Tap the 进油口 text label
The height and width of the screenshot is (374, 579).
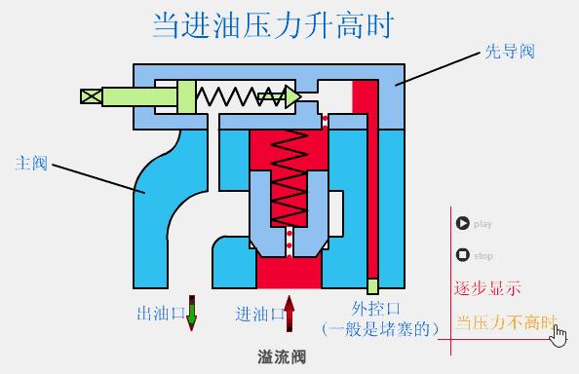coord(258,315)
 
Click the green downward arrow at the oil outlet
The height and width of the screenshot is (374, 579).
coord(192,312)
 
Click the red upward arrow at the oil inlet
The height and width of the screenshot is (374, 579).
coord(289,312)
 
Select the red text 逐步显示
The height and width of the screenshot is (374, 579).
coord(487,289)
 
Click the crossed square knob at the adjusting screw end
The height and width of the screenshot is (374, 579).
coord(91,96)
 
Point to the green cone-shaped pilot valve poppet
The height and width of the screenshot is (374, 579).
coord(291,95)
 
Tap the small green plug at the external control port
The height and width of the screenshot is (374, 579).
coord(372,286)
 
